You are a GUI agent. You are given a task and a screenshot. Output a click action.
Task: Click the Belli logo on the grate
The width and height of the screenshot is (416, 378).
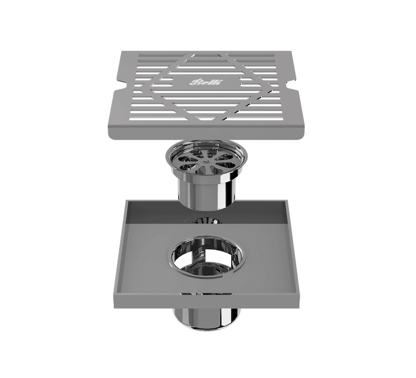(207, 83)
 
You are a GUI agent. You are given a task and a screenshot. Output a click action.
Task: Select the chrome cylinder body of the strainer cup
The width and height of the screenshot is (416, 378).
(207, 192)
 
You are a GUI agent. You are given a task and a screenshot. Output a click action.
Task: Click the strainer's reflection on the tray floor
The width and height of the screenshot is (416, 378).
(207, 220)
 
